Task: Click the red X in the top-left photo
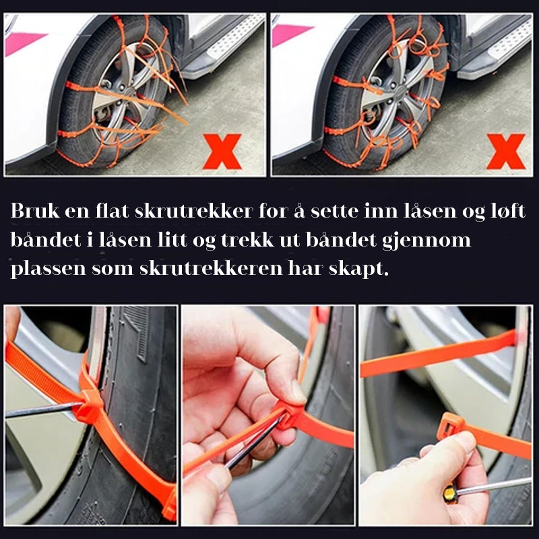pos(222,151)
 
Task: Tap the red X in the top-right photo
pos(506,151)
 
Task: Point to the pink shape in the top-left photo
pos(24,42)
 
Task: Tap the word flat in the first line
pos(112,211)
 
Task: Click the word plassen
pos(48,269)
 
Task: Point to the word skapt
pos(359,269)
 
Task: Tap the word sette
pos(334,212)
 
